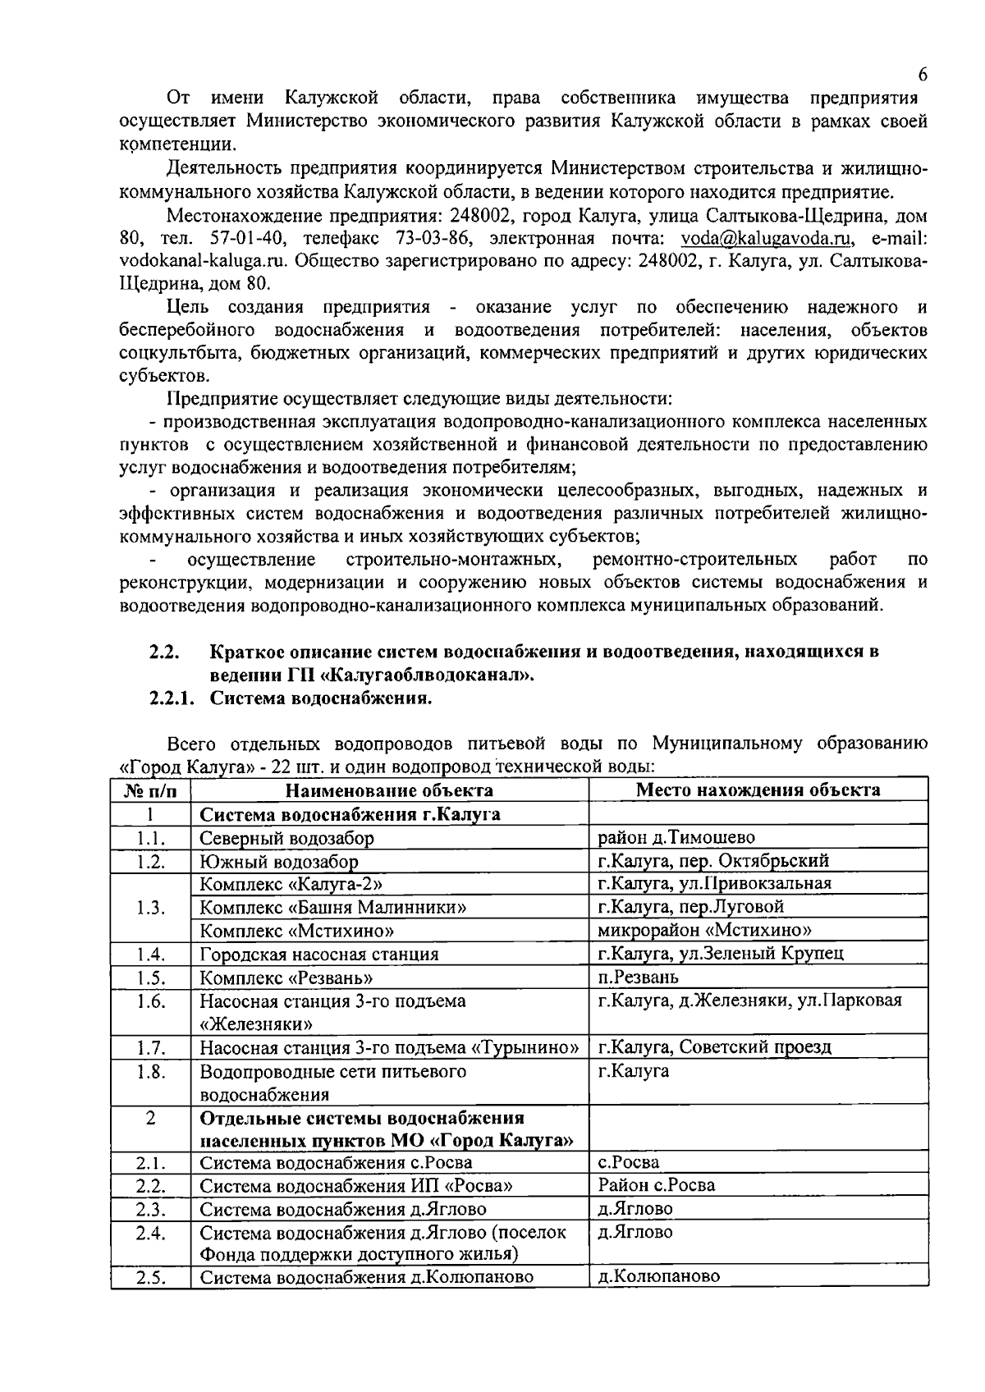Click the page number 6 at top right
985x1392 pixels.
[x=923, y=75]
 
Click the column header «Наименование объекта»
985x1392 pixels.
[x=389, y=790]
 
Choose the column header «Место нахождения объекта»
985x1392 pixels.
[x=758, y=790]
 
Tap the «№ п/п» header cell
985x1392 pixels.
[x=151, y=790]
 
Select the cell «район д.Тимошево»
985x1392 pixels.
[x=676, y=837]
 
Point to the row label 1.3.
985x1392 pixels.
[x=151, y=908]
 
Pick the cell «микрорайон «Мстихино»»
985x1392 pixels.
[x=704, y=931]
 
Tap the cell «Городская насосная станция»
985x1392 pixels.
[x=319, y=955]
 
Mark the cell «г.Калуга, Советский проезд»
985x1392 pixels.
[x=714, y=1047]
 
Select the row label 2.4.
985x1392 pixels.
[x=151, y=1233]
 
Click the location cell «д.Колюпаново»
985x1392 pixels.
[x=658, y=1277]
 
